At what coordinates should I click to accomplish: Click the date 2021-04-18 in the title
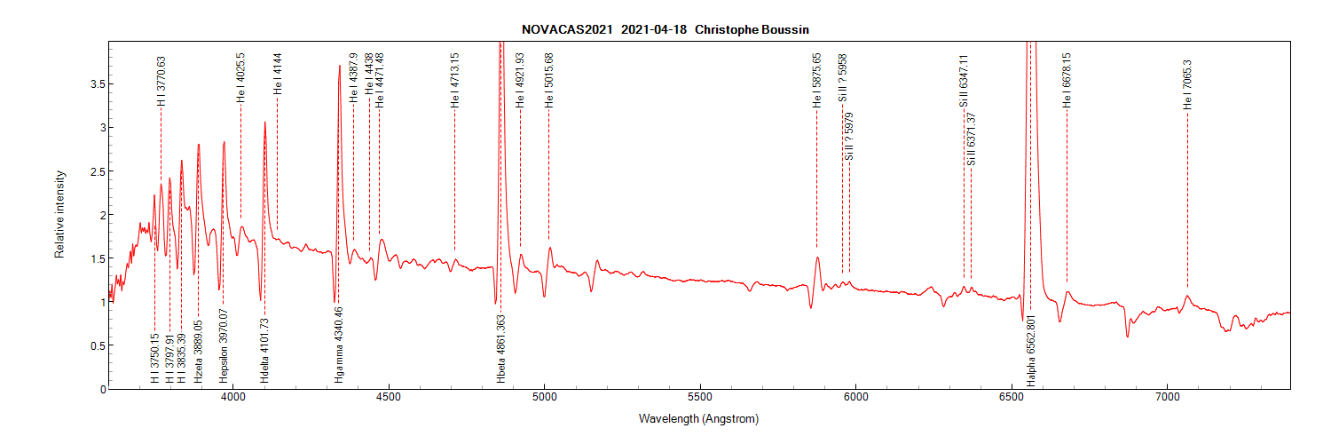[x=654, y=29]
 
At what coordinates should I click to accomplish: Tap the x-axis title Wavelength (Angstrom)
[x=698, y=418]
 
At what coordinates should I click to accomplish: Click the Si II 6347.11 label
[x=964, y=81]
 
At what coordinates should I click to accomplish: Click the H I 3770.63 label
[x=161, y=82]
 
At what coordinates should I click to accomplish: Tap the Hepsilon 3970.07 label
[x=224, y=351]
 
